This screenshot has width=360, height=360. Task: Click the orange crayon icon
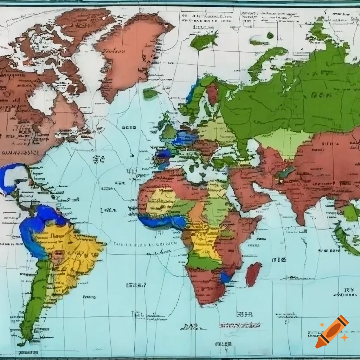click(332, 332)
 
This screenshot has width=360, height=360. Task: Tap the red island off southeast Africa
click(253, 274)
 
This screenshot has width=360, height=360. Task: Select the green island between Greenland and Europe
click(150, 94)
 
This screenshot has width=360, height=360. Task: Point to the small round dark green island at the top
click(270, 35)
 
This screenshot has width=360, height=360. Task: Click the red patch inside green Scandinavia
click(212, 94)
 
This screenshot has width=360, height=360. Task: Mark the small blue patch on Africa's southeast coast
click(225, 277)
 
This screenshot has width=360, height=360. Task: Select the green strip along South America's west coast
click(35, 299)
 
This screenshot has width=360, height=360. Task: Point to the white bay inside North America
click(42, 100)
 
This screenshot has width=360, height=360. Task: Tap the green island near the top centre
click(203, 41)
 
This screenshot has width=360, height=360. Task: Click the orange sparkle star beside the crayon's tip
click(345, 337)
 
